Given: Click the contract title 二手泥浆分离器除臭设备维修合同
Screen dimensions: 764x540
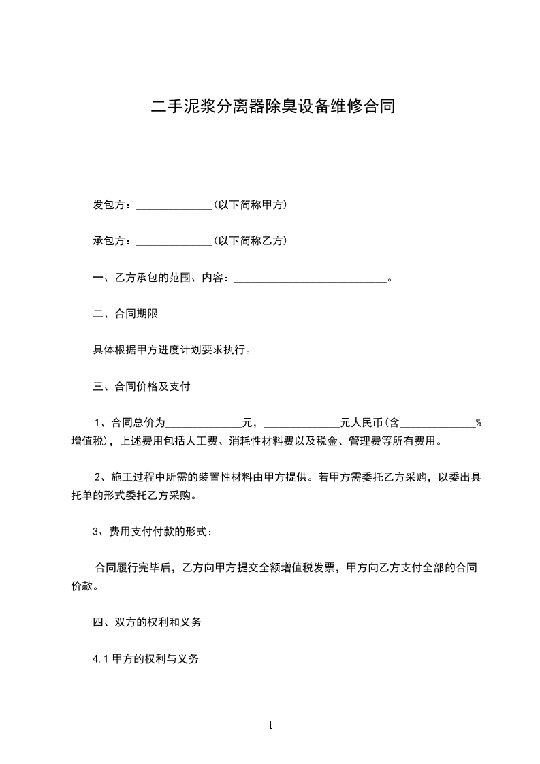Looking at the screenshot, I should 272,107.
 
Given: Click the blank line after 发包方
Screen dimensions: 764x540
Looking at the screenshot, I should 174,206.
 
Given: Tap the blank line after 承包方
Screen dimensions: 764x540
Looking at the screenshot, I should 174,242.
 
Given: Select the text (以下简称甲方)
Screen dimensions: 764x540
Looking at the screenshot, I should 250,205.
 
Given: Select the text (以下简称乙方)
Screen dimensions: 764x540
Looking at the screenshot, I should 250,241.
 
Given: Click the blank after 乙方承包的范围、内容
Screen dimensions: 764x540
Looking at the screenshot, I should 310,278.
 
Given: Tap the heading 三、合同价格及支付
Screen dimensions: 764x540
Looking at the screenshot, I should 141,387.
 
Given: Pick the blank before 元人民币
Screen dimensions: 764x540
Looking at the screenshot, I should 301,424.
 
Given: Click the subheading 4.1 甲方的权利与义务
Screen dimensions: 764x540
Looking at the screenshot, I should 146,659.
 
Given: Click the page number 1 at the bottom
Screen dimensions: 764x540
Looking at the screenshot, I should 270,726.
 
